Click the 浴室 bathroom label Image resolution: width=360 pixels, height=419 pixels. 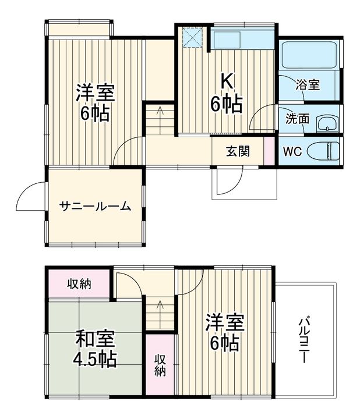tap(308, 85)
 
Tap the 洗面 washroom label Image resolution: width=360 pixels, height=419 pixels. tap(297, 119)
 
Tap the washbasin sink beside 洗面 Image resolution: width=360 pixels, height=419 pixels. tap(327, 123)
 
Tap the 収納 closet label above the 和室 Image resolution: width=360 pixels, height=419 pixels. tap(78, 284)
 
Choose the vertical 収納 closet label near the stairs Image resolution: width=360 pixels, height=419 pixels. tap(160, 364)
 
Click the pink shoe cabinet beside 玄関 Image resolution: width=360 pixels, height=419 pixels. tap(268, 151)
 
